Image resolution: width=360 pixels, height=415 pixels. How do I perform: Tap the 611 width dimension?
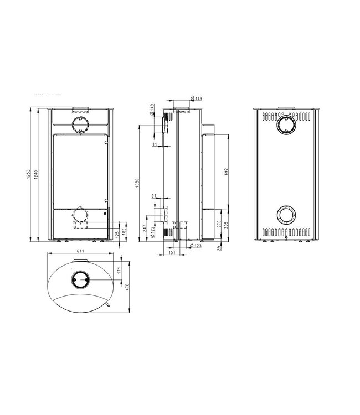[x=81, y=251]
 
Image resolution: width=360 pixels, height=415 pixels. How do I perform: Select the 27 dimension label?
[x=153, y=196]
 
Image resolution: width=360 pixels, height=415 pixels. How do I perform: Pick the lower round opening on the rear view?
[x=287, y=214]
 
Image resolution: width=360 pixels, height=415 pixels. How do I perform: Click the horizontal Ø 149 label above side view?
[x=197, y=98]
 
